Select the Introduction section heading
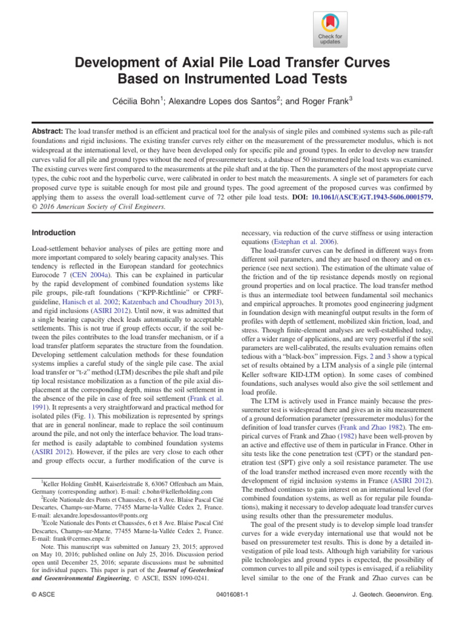(x=53, y=233)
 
